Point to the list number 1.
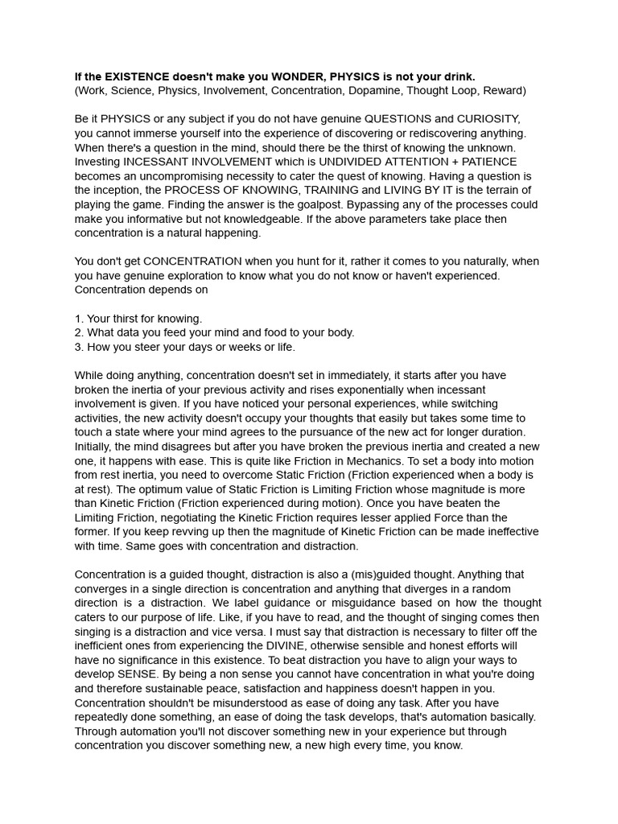(x=78, y=319)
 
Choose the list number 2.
(x=78, y=332)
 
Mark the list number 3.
(x=78, y=347)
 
